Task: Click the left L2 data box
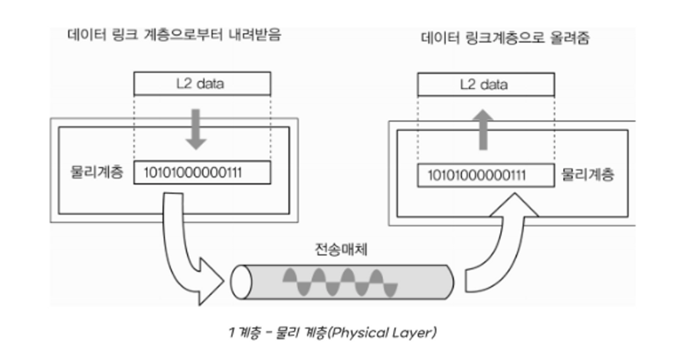pyautogui.click(x=201, y=83)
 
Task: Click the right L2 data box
pyautogui.click(x=484, y=84)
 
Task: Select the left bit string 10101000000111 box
pyautogui.click(x=201, y=172)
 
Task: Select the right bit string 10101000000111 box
pyautogui.click(x=486, y=175)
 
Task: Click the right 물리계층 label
pyautogui.click(x=587, y=175)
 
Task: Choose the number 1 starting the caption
pyautogui.click(x=231, y=332)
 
